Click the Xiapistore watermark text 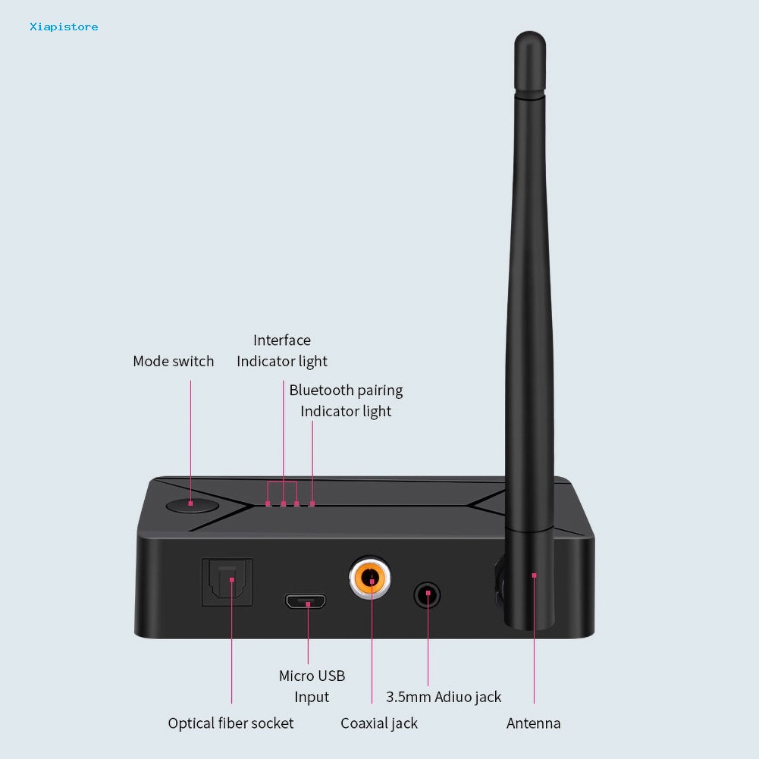pyautogui.click(x=64, y=27)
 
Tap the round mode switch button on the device pyautogui.click(x=192, y=506)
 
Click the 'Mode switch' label pyautogui.click(x=174, y=361)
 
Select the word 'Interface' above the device pyautogui.click(x=282, y=340)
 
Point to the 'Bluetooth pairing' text pyautogui.click(x=346, y=390)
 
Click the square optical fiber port pyautogui.click(x=227, y=582)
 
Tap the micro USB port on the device pyautogui.click(x=306, y=602)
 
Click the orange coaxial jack pyautogui.click(x=370, y=577)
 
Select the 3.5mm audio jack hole pyautogui.click(x=428, y=595)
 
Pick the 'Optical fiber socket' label pyautogui.click(x=231, y=723)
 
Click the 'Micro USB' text pyautogui.click(x=312, y=676)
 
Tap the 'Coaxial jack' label pyautogui.click(x=379, y=723)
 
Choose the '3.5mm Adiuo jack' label pyautogui.click(x=444, y=697)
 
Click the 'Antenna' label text pyautogui.click(x=534, y=723)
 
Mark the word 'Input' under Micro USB pyautogui.click(x=312, y=697)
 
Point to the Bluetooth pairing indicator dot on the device pyautogui.click(x=312, y=504)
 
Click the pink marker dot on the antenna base pyautogui.click(x=534, y=576)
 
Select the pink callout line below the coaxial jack pyautogui.click(x=372, y=642)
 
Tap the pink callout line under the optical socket pyautogui.click(x=232, y=642)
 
